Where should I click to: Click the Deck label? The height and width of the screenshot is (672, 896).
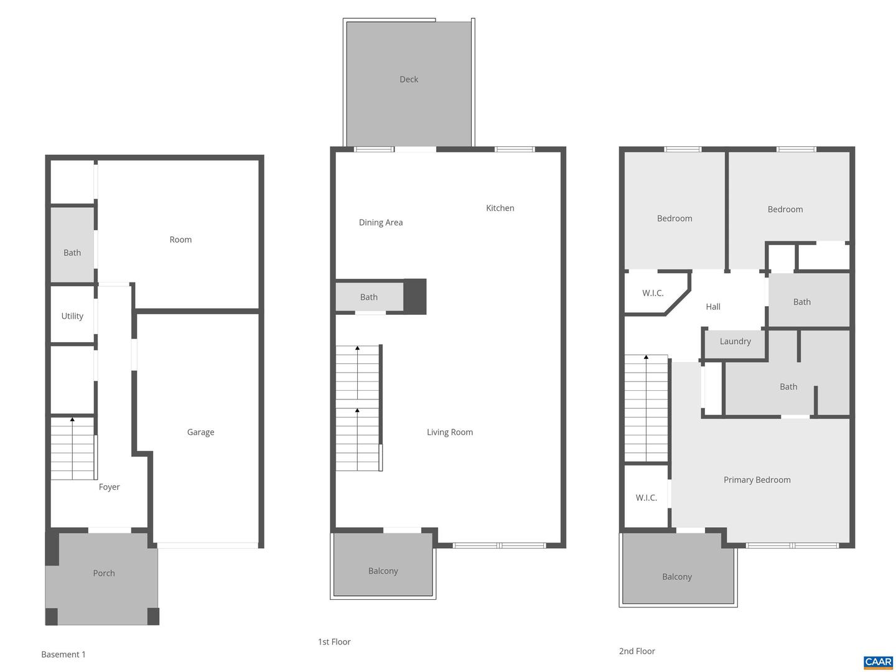coord(409,80)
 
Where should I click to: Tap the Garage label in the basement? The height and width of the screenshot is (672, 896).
coord(200,432)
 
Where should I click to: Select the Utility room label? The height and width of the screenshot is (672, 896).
coord(72,316)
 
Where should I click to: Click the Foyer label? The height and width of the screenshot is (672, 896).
coord(109,487)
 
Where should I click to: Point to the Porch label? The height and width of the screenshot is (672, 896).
coord(104,573)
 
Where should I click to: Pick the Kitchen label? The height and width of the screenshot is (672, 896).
coord(500,208)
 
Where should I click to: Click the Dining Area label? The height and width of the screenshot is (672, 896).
coord(381,223)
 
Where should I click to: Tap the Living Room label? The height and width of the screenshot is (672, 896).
coord(449,432)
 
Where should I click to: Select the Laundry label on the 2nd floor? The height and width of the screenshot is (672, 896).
coord(735,342)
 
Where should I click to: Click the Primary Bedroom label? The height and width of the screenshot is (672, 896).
coord(757,480)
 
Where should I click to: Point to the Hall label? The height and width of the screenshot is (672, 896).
coord(713,307)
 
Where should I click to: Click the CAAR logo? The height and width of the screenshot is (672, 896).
coord(878,662)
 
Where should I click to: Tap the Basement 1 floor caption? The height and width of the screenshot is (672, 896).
coord(63,655)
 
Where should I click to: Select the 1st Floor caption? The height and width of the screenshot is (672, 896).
coord(334,642)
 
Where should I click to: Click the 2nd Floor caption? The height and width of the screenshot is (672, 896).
coord(637,651)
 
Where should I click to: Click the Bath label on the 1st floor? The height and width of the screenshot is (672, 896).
coord(368,297)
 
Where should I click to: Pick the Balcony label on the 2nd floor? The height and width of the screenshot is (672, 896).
coord(676,577)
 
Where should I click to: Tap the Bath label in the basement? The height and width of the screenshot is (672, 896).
coord(72,253)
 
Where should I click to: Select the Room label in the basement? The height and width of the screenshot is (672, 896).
coord(180,240)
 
